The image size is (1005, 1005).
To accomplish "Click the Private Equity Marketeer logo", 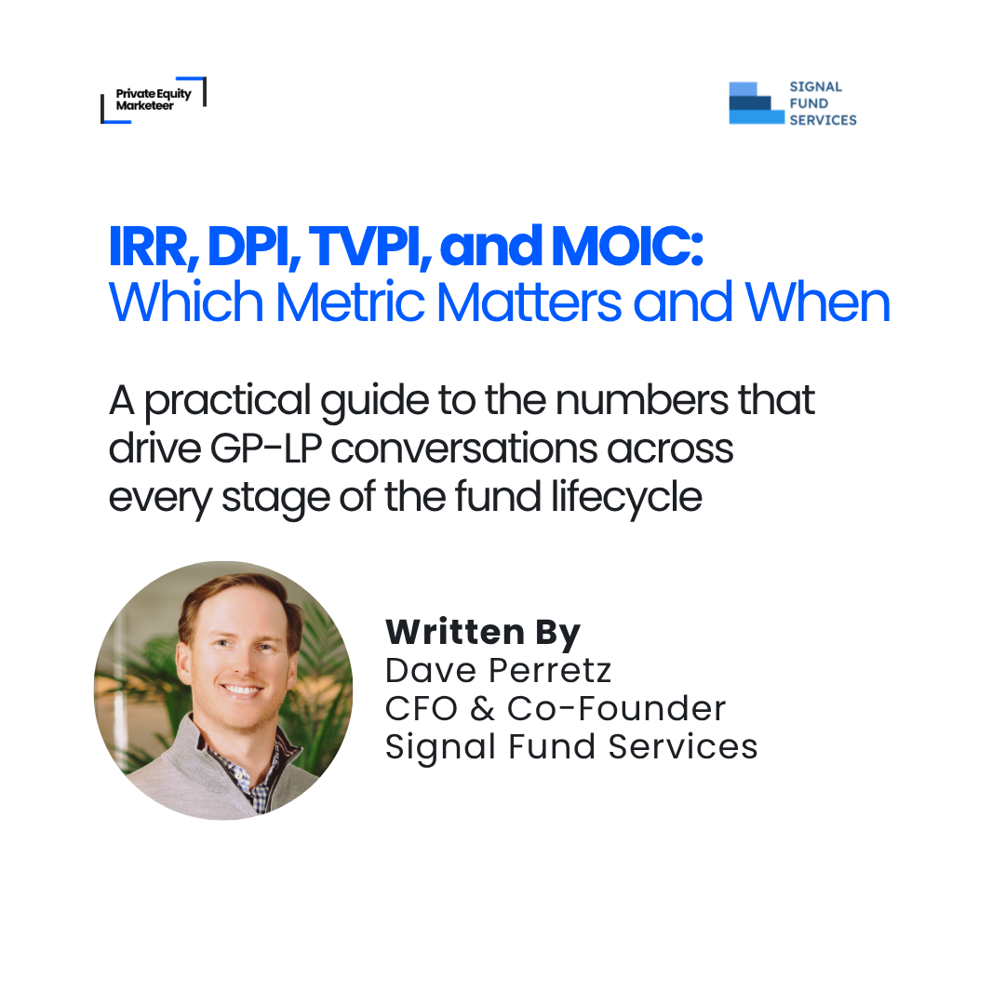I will [x=152, y=100].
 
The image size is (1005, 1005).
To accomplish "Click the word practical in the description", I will [x=229, y=401].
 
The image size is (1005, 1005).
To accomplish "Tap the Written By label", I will [x=483, y=633].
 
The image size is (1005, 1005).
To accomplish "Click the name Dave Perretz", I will [x=499, y=670].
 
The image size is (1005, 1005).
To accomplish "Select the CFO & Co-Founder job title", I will [x=556, y=708].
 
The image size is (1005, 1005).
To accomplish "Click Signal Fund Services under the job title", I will [x=571, y=746].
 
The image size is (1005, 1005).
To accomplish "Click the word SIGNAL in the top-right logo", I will [x=815, y=87].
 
